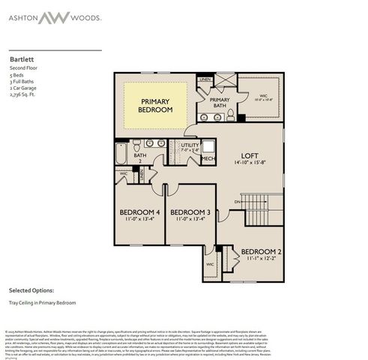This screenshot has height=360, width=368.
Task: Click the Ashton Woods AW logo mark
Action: click(x=184, y=18)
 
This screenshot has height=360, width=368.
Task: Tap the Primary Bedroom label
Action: click(x=155, y=105)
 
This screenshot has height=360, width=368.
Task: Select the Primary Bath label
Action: click(x=220, y=103)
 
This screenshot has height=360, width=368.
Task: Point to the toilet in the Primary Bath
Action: click(x=230, y=115)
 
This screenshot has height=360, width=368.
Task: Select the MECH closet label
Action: click(x=208, y=158)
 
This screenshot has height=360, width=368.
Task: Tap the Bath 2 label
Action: click(x=138, y=157)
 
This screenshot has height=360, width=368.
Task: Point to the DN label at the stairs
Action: click(x=238, y=202)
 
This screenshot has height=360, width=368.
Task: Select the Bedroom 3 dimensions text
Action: click(x=191, y=220)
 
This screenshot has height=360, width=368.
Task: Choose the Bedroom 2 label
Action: click(x=262, y=251)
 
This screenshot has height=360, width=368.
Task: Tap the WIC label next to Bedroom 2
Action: click(x=210, y=264)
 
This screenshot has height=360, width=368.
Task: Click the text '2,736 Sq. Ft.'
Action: click(x=25, y=95)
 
